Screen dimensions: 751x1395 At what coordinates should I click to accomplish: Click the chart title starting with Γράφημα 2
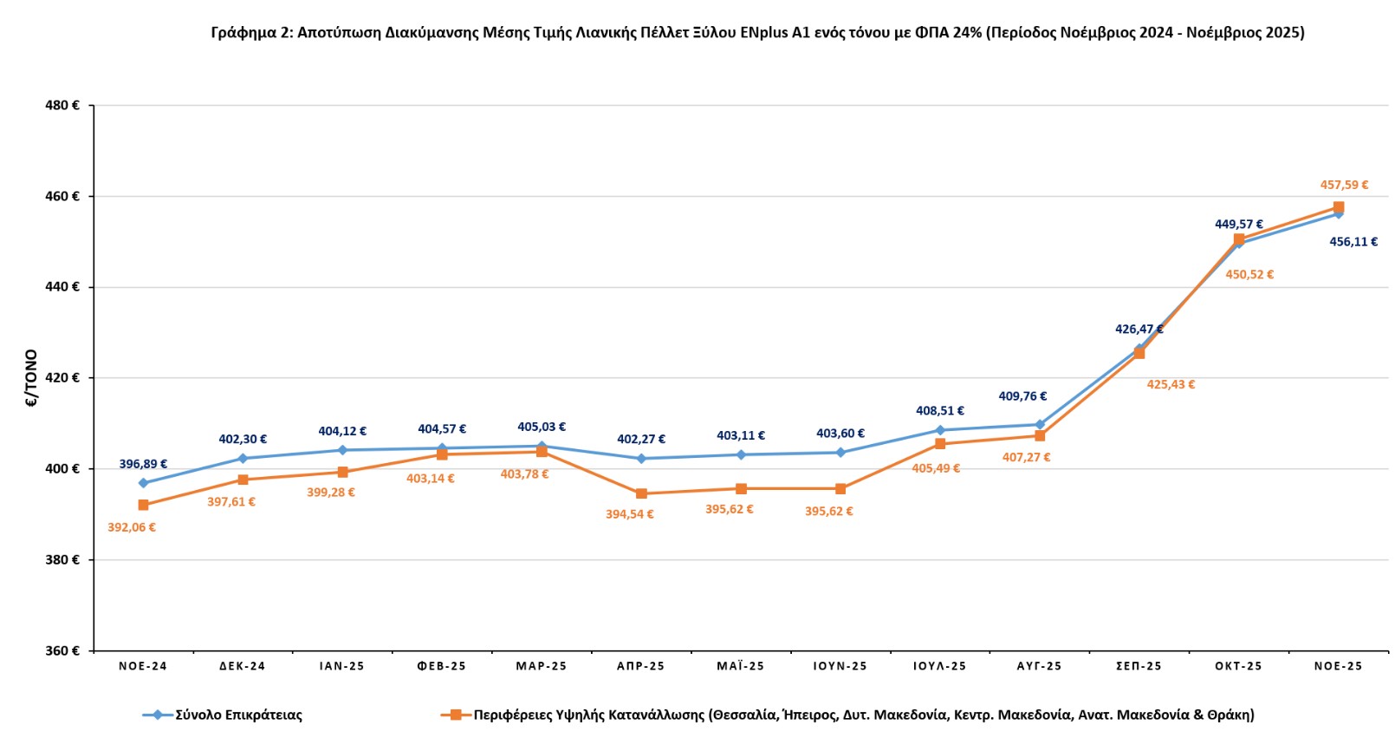pos(757,33)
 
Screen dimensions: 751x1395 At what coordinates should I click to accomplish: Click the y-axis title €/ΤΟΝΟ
pos(32,378)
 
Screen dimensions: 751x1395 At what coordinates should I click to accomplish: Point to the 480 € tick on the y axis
pos(62,106)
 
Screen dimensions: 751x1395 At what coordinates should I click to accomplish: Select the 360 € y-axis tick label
pos(62,650)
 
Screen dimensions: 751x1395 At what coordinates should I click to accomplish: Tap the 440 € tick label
pos(62,287)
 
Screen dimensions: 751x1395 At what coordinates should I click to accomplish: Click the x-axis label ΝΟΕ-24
pos(143,667)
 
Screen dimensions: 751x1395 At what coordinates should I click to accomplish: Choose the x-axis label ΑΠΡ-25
pos(641,667)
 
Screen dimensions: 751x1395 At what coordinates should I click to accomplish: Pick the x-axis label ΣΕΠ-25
pos(1139,667)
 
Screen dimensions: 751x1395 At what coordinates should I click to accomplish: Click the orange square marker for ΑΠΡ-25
pos(641,493)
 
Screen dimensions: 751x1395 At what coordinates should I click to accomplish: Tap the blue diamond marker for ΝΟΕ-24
pos(143,483)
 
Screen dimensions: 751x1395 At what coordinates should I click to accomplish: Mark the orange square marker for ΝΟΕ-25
pos(1339,207)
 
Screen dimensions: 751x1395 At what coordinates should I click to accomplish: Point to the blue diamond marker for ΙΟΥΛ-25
pos(940,430)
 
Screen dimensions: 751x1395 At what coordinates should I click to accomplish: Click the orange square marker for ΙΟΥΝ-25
pos(840,489)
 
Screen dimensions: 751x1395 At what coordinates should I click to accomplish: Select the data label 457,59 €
pos(1344,186)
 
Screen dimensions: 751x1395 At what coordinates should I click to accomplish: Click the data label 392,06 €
pos(132,528)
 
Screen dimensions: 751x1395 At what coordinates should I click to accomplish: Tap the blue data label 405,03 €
pos(542,428)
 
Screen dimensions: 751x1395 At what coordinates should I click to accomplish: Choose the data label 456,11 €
pos(1353,243)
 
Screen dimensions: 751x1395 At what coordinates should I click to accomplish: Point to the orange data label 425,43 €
pos(1171,385)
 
